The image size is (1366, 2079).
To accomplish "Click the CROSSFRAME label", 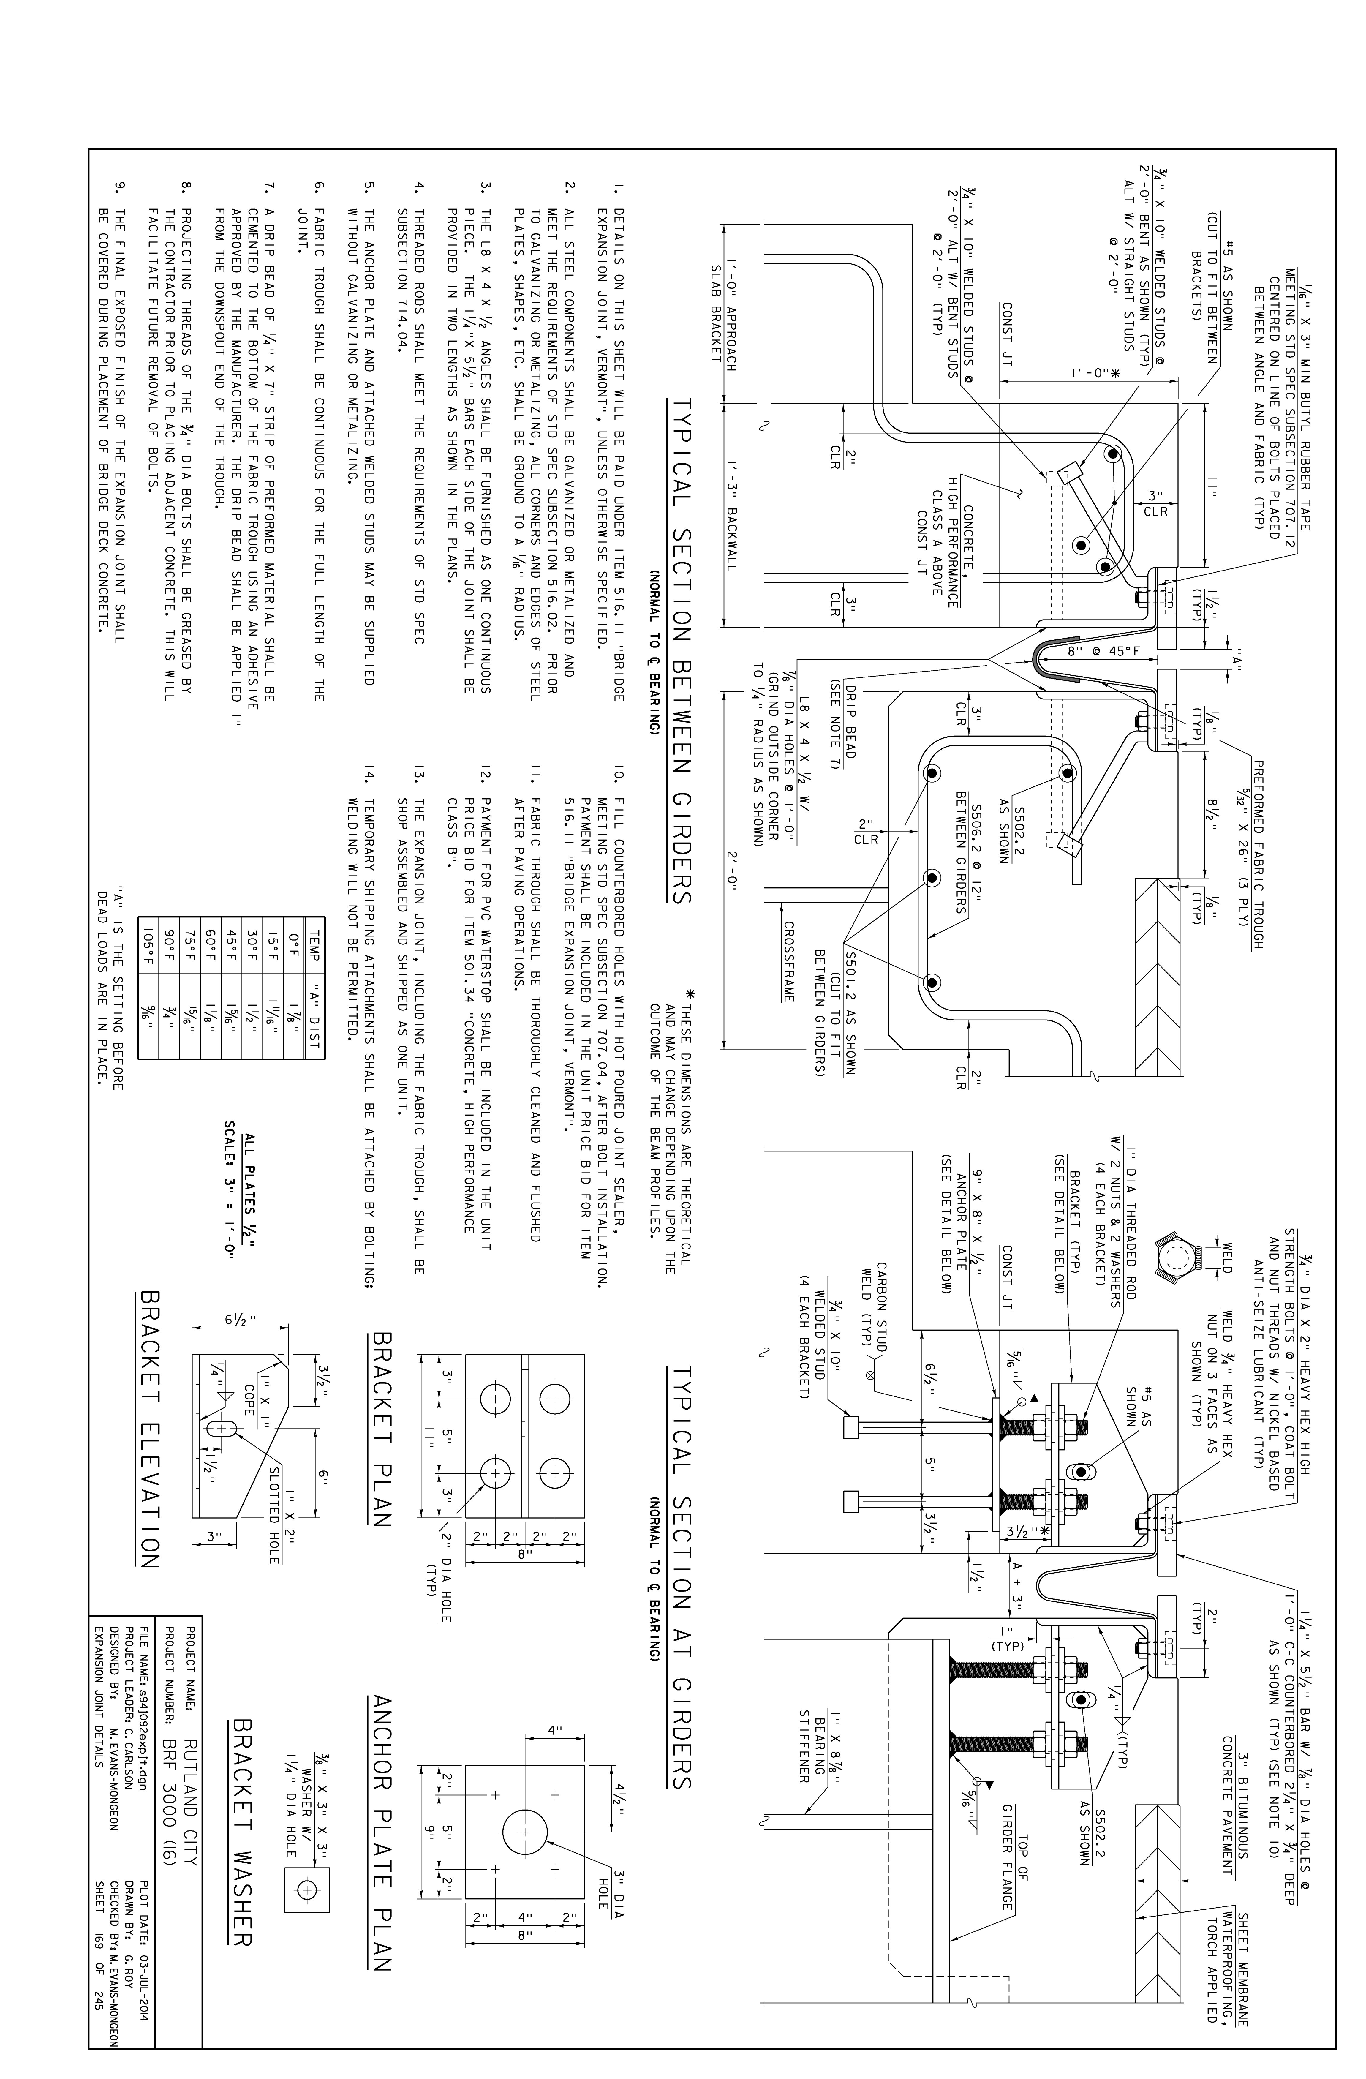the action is point(789,961).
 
